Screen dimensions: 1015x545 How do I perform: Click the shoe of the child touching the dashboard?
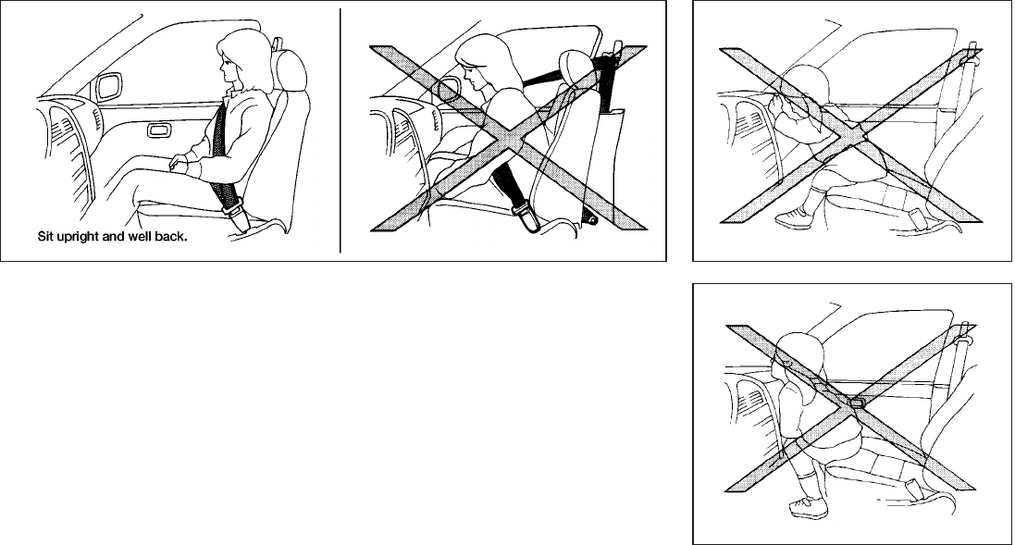tap(795, 217)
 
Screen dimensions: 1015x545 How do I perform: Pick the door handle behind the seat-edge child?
tap(858, 403)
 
